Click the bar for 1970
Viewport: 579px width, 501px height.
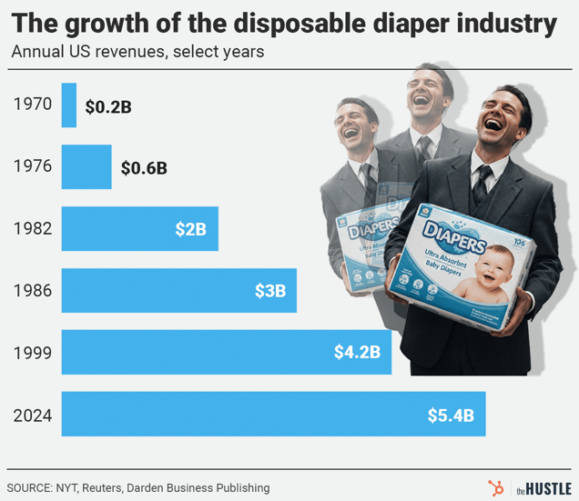[69, 105]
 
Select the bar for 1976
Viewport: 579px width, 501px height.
[86, 167]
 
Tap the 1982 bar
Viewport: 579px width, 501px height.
[139, 229]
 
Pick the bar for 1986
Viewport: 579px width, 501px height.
[178, 291]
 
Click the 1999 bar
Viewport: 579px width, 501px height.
[226, 353]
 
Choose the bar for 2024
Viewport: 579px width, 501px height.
[273, 415]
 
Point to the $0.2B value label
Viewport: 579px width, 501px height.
[108, 106]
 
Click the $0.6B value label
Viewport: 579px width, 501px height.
[144, 168]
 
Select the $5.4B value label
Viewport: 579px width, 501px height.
[450, 416]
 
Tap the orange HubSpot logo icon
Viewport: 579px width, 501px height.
[495, 487]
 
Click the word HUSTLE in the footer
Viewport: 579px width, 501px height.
[549, 488]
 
